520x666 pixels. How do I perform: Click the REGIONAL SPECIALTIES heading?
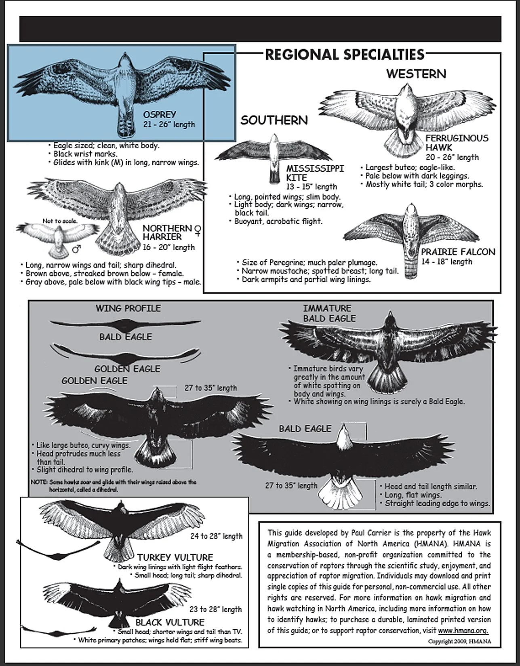345,54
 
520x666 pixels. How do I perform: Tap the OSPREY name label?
160,115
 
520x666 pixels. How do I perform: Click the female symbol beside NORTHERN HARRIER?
198,230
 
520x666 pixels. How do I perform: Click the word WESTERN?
416,74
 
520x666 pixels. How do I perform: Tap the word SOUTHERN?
274,120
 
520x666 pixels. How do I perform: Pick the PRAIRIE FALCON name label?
458,252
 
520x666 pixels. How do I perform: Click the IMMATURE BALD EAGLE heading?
329,313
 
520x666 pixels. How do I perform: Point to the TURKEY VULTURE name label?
175,557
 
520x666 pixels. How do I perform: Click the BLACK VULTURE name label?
170,622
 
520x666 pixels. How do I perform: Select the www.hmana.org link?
463,630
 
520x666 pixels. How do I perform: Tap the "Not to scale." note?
60,221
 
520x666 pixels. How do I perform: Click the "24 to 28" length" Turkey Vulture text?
216,536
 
